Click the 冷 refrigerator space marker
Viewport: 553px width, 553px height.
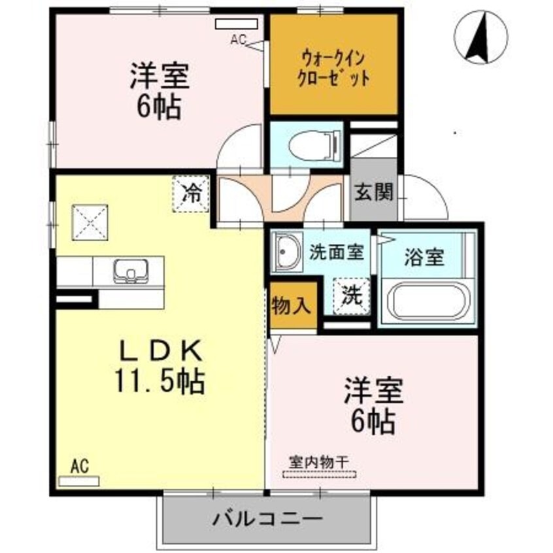pyautogui.click(x=191, y=193)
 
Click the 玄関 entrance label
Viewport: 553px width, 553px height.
pyautogui.click(x=373, y=192)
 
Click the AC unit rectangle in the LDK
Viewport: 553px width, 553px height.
pyautogui.click(x=79, y=481)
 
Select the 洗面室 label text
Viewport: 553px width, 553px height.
pyautogui.click(x=337, y=251)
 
